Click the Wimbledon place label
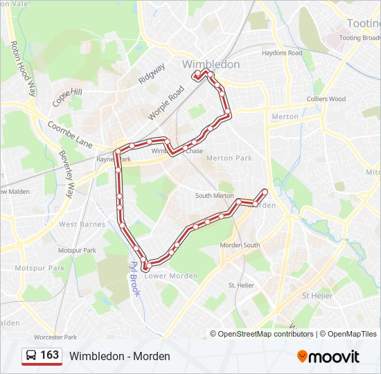[211, 64]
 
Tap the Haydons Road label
[282, 53]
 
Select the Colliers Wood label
[326, 99]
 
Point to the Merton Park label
[229, 158]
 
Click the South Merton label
[214, 196]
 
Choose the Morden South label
[240, 245]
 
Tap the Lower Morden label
[170, 276]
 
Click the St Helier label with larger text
[317, 296]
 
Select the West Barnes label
[82, 224]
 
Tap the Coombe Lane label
[70, 134]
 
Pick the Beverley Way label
[67, 174]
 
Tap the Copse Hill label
[67, 97]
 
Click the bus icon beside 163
[32, 356]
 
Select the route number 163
[50, 355]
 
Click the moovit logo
[328, 357]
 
